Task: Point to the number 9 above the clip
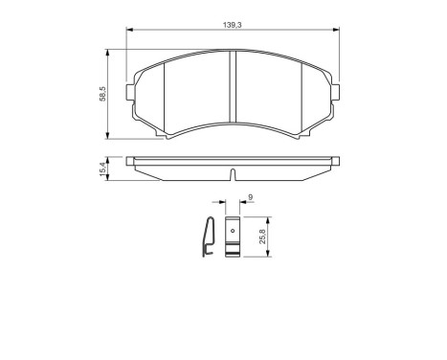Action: tap(249, 197)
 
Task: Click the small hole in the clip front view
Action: tap(231, 231)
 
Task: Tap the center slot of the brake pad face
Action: tap(235, 94)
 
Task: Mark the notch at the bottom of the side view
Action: tap(235, 173)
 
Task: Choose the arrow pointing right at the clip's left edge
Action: tap(221, 204)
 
